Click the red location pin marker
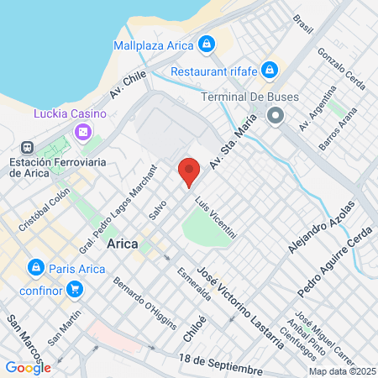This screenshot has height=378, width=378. [189, 172]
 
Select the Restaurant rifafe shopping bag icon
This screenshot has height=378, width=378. [270, 70]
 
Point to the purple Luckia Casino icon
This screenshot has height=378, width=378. [82, 132]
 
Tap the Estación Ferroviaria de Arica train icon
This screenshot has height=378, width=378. [27, 146]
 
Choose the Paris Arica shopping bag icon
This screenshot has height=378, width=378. [35, 269]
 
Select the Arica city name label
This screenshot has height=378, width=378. [123, 244]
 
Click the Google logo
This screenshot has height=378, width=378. [29, 367]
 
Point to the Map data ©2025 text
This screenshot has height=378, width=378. [342, 371]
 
